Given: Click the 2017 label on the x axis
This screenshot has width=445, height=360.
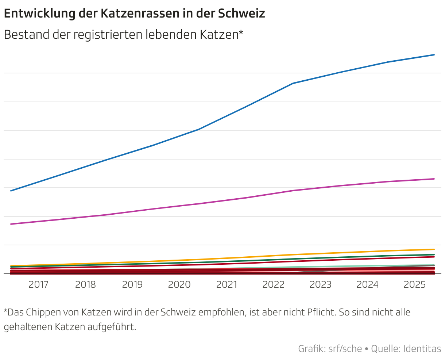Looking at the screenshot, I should point(38,285).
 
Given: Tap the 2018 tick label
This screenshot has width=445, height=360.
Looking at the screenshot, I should point(85,285).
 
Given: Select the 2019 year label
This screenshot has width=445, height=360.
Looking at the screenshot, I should point(132,285).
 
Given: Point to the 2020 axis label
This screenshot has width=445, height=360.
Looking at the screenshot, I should point(179,285).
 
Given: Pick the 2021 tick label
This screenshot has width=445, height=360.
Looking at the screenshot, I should point(227,285).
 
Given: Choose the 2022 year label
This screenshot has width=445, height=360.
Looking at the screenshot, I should point(274,285).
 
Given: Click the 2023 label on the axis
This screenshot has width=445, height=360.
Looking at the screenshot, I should point(321,285).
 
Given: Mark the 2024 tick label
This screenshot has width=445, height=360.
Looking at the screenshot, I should point(368,285).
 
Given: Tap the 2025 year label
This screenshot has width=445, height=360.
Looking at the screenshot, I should point(415,285).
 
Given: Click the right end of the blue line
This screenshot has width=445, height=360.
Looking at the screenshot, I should point(434,55).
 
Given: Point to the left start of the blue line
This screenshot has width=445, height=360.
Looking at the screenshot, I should point(11,191).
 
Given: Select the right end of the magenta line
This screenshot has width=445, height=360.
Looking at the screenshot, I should point(434,179).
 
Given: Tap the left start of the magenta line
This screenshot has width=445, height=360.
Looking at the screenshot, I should point(11,224).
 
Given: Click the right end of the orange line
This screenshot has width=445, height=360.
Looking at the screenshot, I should point(434,249).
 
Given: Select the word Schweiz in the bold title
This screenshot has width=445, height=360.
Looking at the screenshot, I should point(241,14).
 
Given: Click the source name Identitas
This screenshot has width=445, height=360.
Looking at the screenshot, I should point(422,349).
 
